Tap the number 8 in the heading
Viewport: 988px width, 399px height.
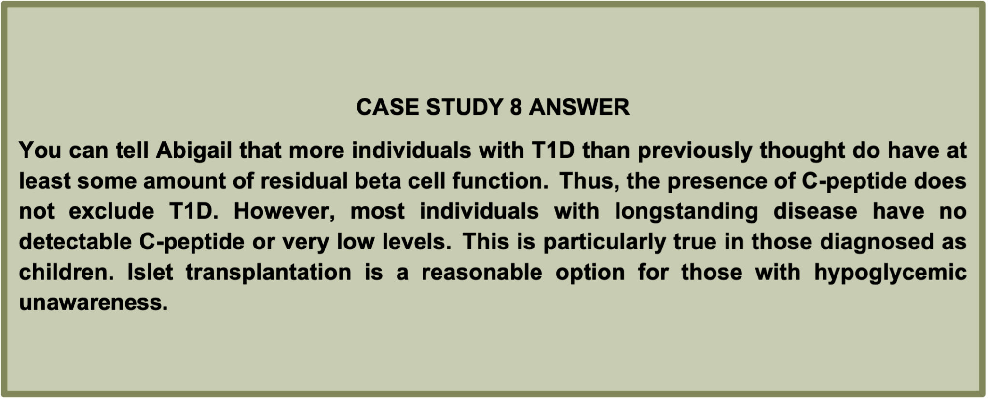click(516, 107)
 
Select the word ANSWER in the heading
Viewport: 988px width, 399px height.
click(579, 107)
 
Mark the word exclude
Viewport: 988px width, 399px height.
click(111, 212)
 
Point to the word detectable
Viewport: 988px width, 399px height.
click(75, 242)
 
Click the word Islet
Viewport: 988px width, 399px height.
click(150, 272)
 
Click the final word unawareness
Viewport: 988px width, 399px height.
click(93, 303)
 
